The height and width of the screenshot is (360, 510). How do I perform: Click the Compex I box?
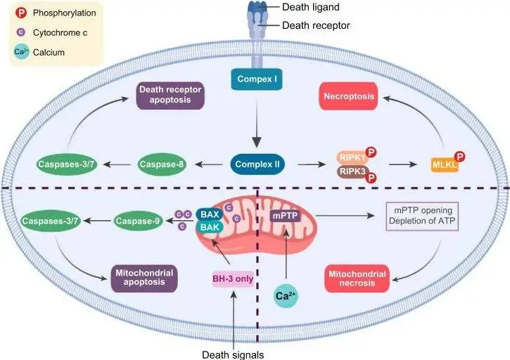tap(255, 79)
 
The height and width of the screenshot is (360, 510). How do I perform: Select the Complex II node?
tap(255, 165)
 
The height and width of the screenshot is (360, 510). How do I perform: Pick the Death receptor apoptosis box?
tap(170, 96)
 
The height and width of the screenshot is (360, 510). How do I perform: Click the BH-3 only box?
tap(232, 278)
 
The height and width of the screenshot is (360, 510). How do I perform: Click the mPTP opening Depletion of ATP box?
tap(422, 217)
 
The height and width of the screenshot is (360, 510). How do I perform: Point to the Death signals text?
tap(233, 354)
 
